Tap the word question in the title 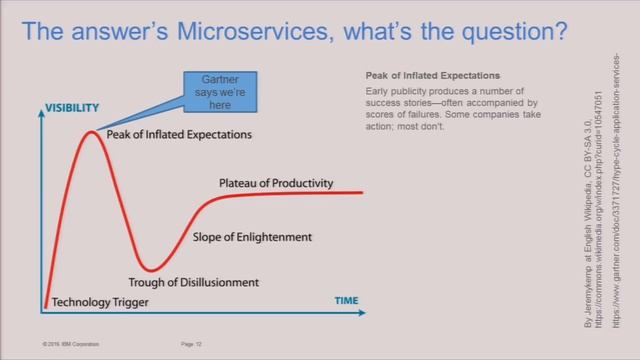tap(513, 32)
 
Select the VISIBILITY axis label tap(71, 107)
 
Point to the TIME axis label tap(346, 300)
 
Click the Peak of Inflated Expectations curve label tap(179, 134)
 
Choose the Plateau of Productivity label tap(276, 184)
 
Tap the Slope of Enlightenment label tap(252, 237)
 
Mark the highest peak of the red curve tap(92, 130)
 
